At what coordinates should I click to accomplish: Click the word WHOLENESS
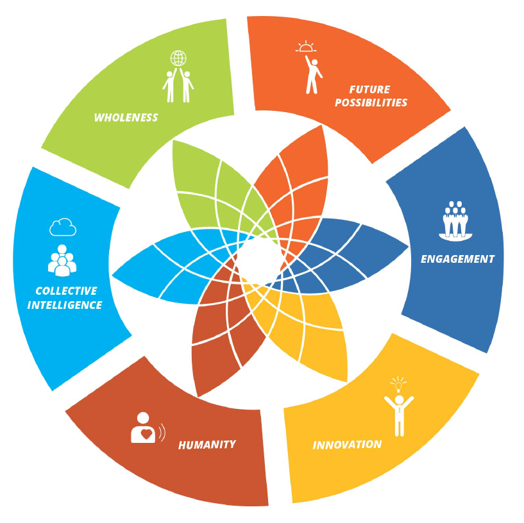(126, 117)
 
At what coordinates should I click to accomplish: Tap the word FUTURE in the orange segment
(369, 90)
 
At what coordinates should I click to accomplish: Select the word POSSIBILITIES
(371, 103)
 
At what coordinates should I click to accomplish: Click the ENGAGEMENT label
(457, 259)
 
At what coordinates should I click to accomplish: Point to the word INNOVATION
(347, 445)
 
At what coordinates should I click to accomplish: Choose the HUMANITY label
(207, 445)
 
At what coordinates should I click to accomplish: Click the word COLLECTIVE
(66, 291)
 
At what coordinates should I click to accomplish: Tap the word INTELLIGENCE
(65, 305)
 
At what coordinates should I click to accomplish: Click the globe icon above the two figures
(178, 58)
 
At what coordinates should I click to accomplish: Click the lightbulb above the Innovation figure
(398, 385)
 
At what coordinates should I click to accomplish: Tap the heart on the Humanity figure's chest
(146, 434)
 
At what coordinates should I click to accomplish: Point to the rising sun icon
(305, 47)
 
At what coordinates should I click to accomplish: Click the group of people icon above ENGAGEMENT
(455, 220)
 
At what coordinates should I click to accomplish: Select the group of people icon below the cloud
(62, 260)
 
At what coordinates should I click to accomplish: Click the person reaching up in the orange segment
(313, 74)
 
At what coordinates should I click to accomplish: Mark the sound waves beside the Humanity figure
(162, 432)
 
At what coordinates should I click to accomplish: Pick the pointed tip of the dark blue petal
(408, 247)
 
